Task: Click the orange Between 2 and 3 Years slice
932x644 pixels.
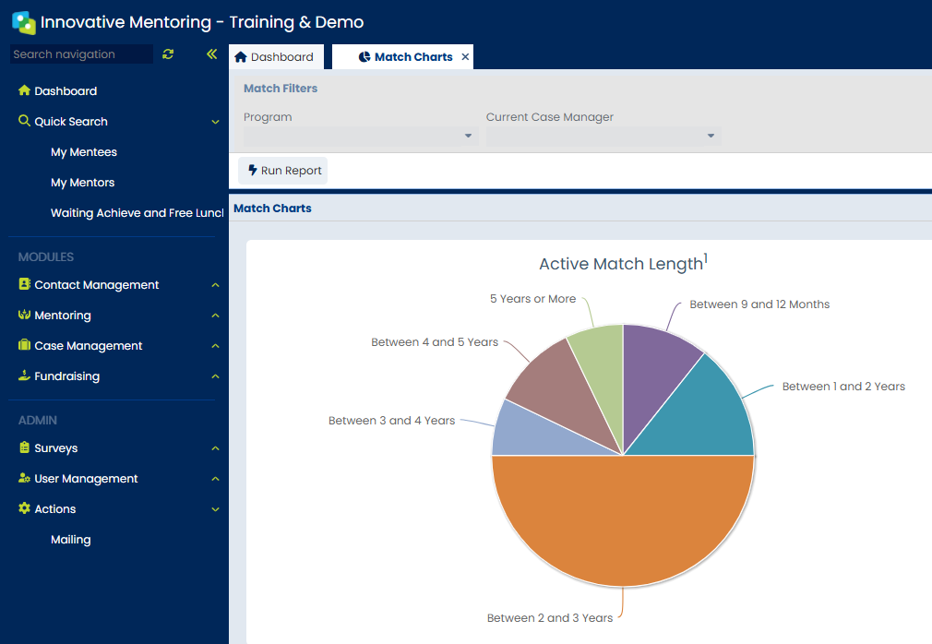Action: click(623, 521)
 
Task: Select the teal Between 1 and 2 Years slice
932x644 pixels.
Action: click(701, 415)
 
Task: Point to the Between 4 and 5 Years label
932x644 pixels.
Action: click(435, 342)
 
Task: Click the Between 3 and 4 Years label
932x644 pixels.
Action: click(391, 421)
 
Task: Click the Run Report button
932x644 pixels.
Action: click(283, 171)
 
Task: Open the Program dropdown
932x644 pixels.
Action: click(360, 136)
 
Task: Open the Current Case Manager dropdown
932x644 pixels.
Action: click(603, 136)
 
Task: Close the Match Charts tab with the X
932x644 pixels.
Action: click(465, 57)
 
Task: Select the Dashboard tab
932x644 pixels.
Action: click(275, 57)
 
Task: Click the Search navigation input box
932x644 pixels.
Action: click(81, 54)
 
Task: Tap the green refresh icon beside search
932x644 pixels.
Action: click(168, 54)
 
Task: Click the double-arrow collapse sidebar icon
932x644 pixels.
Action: click(211, 54)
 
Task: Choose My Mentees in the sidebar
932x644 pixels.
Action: click(84, 152)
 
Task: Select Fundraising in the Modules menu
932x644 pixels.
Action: click(66, 376)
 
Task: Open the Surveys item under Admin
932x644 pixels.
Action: click(55, 448)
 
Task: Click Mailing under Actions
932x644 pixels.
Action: click(71, 540)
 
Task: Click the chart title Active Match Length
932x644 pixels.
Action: click(621, 265)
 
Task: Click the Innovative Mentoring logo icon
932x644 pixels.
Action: click(23, 22)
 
